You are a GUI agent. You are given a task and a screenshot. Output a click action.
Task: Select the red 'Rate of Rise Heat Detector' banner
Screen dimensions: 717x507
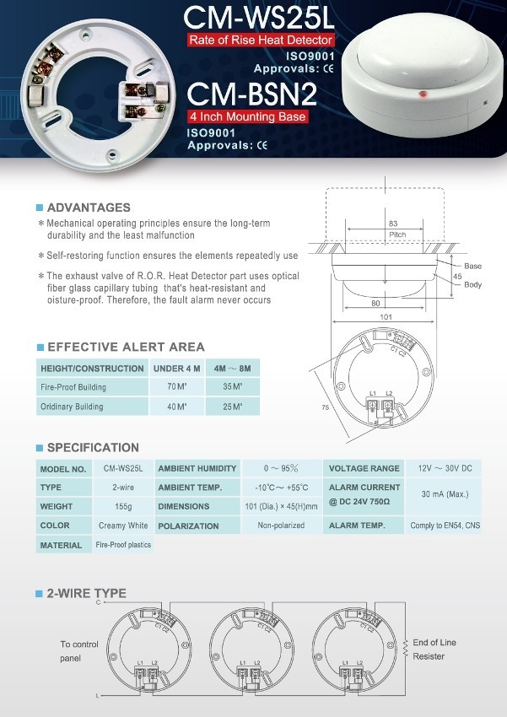coord(262,40)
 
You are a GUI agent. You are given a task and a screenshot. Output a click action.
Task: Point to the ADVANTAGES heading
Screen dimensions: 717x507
coord(89,208)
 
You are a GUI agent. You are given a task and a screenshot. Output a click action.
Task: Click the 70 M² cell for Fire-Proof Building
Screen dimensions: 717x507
coord(175,387)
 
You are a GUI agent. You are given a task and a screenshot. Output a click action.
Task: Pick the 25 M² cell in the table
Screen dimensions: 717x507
coord(232,407)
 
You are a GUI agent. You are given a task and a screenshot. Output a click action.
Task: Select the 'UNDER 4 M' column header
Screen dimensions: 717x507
coord(175,369)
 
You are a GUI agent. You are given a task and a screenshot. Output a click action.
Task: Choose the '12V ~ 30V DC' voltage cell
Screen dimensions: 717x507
coord(444,468)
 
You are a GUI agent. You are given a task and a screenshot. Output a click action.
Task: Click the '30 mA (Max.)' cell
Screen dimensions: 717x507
coord(444,497)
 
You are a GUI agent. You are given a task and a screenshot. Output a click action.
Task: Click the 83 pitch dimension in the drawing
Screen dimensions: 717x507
coord(393,224)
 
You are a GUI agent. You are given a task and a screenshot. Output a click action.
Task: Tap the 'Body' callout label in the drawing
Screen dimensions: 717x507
coord(473,284)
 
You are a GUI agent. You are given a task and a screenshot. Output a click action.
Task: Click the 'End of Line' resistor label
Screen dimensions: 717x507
coord(436,642)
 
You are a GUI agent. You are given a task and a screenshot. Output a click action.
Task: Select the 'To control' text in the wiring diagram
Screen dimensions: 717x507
coord(79,644)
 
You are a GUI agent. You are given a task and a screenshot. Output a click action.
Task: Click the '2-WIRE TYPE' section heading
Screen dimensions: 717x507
coord(87,593)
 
